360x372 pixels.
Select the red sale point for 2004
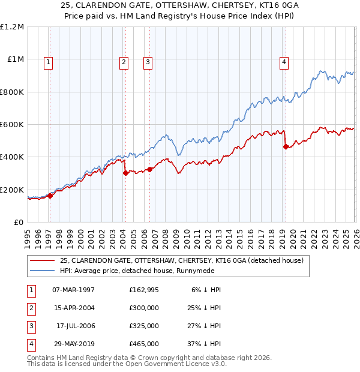click(x=125, y=173)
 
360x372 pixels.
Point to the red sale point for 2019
click(x=286, y=146)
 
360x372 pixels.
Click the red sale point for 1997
click(x=50, y=196)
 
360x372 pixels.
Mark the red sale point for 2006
click(x=149, y=169)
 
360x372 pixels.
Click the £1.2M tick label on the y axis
click(x=12, y=27)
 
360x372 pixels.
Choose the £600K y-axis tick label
click(x=12, y=125)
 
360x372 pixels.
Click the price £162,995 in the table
click(x=143, y=289)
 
